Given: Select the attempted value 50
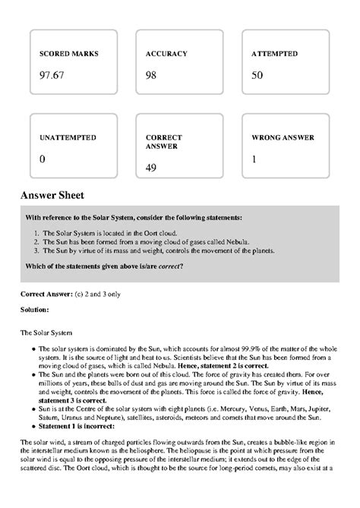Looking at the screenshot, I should [257, 74].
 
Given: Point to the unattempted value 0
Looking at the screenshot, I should [42, 159].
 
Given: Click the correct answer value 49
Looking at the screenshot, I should [150, 167].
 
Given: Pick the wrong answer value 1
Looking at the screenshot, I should [254, 159].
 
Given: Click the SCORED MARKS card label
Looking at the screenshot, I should [68, 55].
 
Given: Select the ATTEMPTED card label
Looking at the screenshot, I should [274, 55].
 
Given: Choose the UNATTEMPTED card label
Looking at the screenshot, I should [68, 138].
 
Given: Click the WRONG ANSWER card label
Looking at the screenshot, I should [283, 138].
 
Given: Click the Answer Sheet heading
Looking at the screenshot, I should [57, 195].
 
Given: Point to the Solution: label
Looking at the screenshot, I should [34, 310].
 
